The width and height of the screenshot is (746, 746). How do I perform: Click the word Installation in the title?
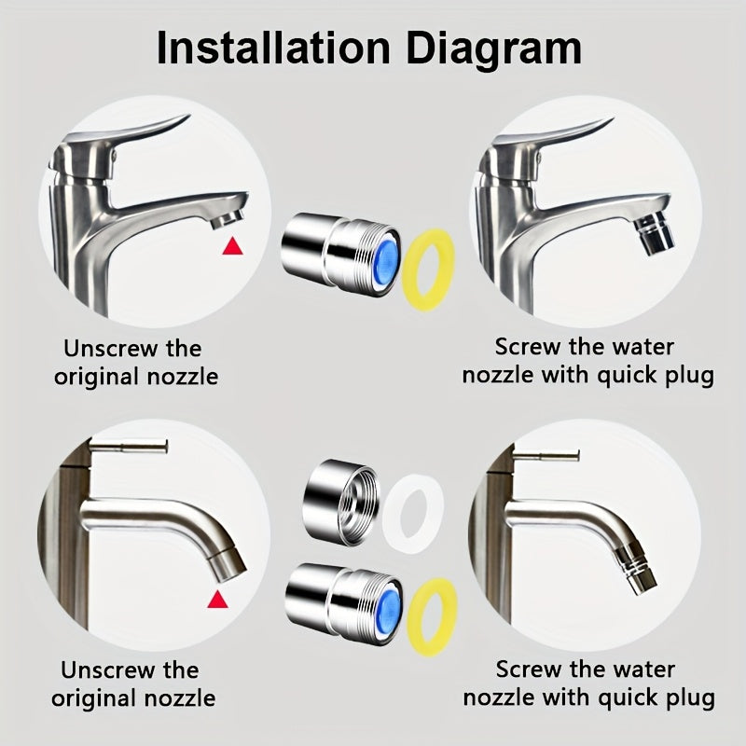click(x=273, y=48)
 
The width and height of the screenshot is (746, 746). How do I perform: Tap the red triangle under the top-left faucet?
click(x=232, y=246)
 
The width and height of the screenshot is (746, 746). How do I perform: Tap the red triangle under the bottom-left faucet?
click(x=217, y=600)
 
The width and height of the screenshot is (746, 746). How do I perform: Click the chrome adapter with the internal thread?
click(x=341, y=503)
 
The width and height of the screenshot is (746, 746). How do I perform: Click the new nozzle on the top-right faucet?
click(x=656, y=234)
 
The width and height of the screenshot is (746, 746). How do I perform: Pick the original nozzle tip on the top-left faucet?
click(x=227, y=219)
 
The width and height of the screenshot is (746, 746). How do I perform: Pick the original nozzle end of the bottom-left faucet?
click(x=228, y=565)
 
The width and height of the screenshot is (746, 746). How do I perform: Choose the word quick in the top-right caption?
click(x=626, y=377)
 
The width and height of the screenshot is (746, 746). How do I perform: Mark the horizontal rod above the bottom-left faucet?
click(x=129, y=448)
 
